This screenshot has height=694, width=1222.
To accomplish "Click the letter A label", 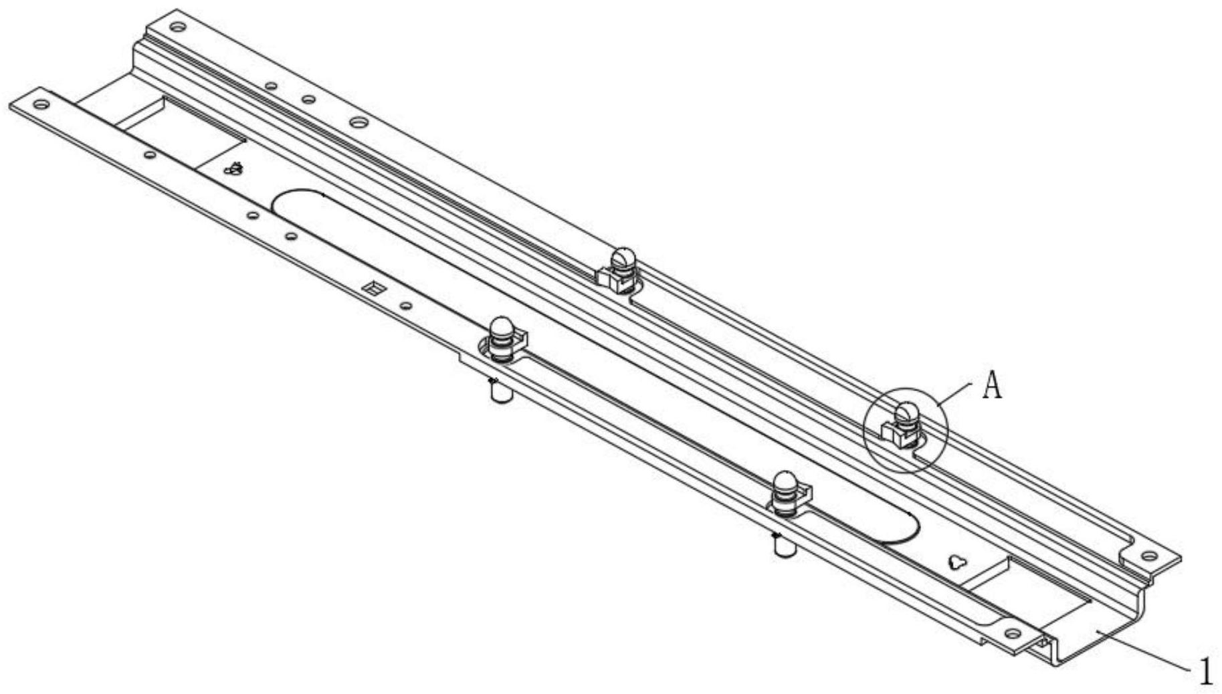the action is (993, 386).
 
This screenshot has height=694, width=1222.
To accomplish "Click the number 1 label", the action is (1206, 672).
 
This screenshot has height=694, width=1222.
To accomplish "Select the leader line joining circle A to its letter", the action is (954, 393).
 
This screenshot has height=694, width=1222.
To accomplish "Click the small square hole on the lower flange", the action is (371, 288).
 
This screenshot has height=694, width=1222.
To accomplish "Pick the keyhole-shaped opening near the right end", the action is (958, 562).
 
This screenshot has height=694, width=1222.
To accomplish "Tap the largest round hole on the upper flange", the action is (359, 123).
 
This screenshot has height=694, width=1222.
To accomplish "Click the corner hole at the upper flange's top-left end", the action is (177, 27).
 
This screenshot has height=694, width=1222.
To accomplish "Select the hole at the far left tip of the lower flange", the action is (41, 104).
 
